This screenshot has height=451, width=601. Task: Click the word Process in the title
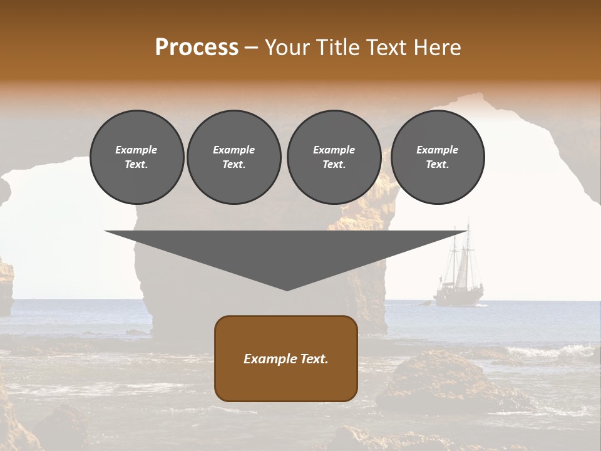[197, 48]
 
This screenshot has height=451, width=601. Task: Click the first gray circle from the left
[136, 157]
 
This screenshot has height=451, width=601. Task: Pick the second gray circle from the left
[234, 157]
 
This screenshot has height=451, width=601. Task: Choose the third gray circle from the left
[334, 157]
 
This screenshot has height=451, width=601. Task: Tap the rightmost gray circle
[437, 157]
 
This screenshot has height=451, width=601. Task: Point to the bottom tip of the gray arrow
[287, 290]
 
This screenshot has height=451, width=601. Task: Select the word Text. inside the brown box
[314, 359]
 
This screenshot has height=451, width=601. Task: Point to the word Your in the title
[287, 48]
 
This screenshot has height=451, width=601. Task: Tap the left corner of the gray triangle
[106, 232]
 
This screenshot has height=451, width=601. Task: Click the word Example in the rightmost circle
[437, 150]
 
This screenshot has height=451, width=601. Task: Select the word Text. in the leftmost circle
[136, 165]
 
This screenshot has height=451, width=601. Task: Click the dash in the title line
[251, 48]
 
